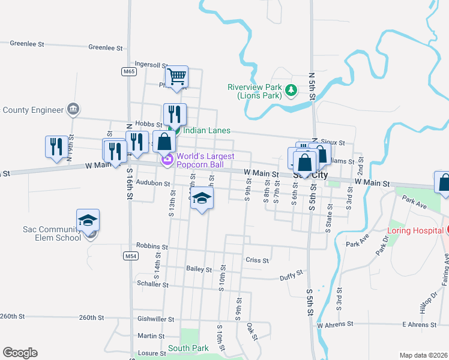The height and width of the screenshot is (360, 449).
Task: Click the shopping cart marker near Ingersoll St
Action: [177, 77]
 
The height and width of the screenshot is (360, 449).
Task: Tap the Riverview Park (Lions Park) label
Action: [255, 91]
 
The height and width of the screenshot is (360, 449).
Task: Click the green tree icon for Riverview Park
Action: [291, 91]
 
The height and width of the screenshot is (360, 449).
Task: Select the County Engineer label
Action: [33, 110]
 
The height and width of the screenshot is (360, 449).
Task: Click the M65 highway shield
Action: [128, 71]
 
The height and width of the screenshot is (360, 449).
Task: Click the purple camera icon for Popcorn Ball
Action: [167, 160]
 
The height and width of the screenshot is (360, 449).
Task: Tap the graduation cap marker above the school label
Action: [88, 221]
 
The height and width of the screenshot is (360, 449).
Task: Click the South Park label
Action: [188, 348]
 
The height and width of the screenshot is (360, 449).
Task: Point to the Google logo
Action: [20, 353]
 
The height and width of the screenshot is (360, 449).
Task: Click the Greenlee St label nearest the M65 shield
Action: [105, 47]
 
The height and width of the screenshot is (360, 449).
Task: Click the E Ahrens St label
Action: [419, 325]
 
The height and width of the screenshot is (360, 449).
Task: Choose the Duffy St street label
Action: [289, 277]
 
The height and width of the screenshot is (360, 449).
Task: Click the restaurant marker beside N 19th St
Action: [56, 147]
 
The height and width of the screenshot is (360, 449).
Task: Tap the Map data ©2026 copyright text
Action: [423, 355]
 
